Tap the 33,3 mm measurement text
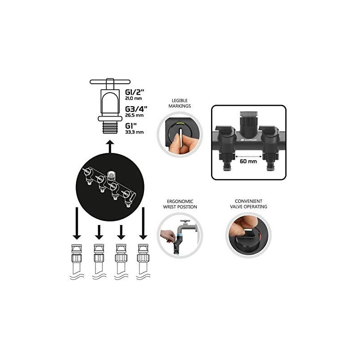[x=134, y=132]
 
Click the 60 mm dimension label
[x=248, y=161]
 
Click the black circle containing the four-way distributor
[x=109, y=184]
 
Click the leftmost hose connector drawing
[x=76, y=254]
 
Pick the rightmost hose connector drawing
[x=144, y=254]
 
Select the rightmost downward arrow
[x=144, y=223]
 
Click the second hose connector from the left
[x=98, y=254]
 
